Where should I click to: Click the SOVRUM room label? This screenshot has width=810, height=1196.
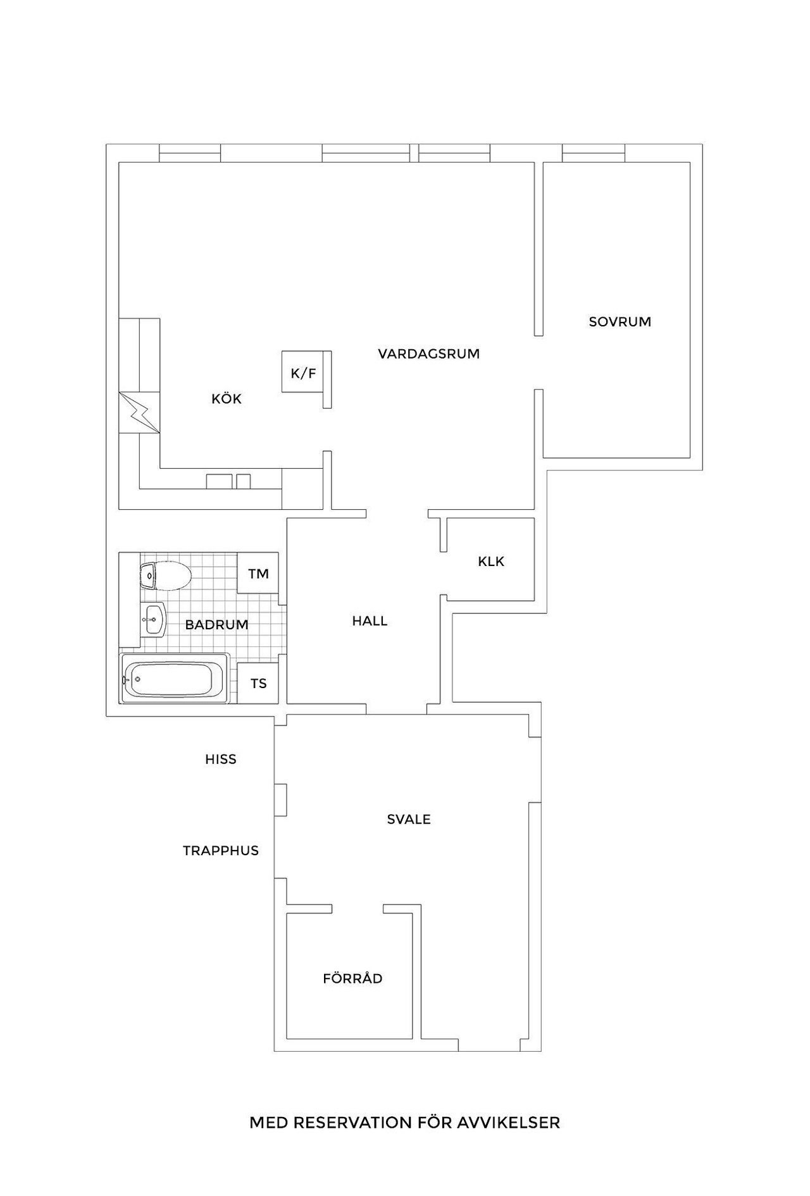pos(620,321)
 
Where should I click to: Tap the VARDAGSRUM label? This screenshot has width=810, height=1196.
pos(428,354)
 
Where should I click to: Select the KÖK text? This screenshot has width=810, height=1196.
pos(227,399)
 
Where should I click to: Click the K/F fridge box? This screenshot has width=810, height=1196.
pos(303,372)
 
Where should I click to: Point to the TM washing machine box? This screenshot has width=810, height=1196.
pos(258,573)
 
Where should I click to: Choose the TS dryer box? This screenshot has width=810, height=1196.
pos(258,683)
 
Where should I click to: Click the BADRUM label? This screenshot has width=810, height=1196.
pos(216,625)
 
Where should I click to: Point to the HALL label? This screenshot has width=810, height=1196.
pos(370,621)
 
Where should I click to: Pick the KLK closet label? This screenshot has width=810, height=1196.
pos(491,561)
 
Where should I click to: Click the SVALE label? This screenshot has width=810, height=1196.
pos(409,819)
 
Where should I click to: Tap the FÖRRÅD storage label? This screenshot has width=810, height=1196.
pos(352,978)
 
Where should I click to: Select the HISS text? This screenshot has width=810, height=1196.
pos(220,759)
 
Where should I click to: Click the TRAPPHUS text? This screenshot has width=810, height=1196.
pos(221,851)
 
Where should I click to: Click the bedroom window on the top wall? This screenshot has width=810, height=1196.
pos(594,153)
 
